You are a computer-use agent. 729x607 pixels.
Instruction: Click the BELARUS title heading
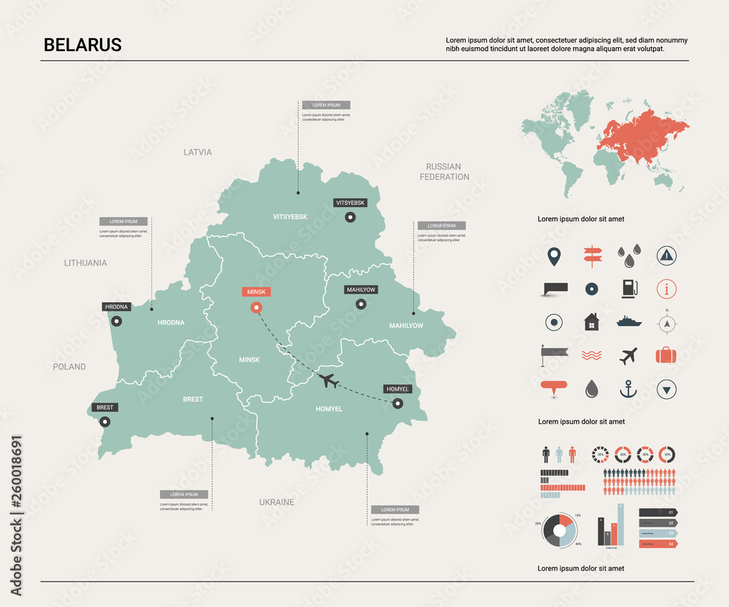pyautogui.click(x=82, y=44)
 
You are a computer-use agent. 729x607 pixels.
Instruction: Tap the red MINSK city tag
pyautogui.click(x=256, y=291)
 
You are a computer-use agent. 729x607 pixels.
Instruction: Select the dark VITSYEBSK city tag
pyautogui.click(x=350, y=202)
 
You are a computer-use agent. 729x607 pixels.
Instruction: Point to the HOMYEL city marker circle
pyautogui.click(x=397, y=404)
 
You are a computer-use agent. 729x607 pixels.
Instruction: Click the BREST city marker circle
pyautogui.click(x=105, y=421)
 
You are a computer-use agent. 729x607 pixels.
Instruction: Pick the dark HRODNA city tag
pyautogui.click(x=117, y=307)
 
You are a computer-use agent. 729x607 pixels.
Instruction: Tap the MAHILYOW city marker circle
pyautogui.click(x=361, y=305)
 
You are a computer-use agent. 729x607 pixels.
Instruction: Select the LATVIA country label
pyautogui.click(x=198, y=152)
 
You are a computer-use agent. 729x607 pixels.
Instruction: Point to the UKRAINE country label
pyautogui.click(x=276, y=502)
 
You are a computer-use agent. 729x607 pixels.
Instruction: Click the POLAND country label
pyautogui.click(x=69, y=367)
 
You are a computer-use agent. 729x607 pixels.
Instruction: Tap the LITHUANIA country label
pyautogui.click(x=85, y=262)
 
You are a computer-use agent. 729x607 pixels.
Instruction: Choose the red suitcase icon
pyautogui.click(x=666, y=355)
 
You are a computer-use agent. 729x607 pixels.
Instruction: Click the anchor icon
pyautogui.click(x=628, y=389)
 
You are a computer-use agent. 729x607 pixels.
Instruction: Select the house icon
pyautogui.click(x=591, y=321)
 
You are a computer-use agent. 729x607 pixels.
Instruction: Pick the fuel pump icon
pyautogui.click(x=628, y=289)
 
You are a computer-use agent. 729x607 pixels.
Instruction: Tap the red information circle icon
pyautogui.click(x=666, y=289)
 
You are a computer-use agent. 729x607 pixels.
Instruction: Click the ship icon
pyautogui.click(x=628, y=321)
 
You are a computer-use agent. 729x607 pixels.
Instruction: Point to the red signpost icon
pyautogui.click(x=590, y=256)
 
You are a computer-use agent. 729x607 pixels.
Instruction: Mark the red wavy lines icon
pyautogui.click(x=591, y=356)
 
